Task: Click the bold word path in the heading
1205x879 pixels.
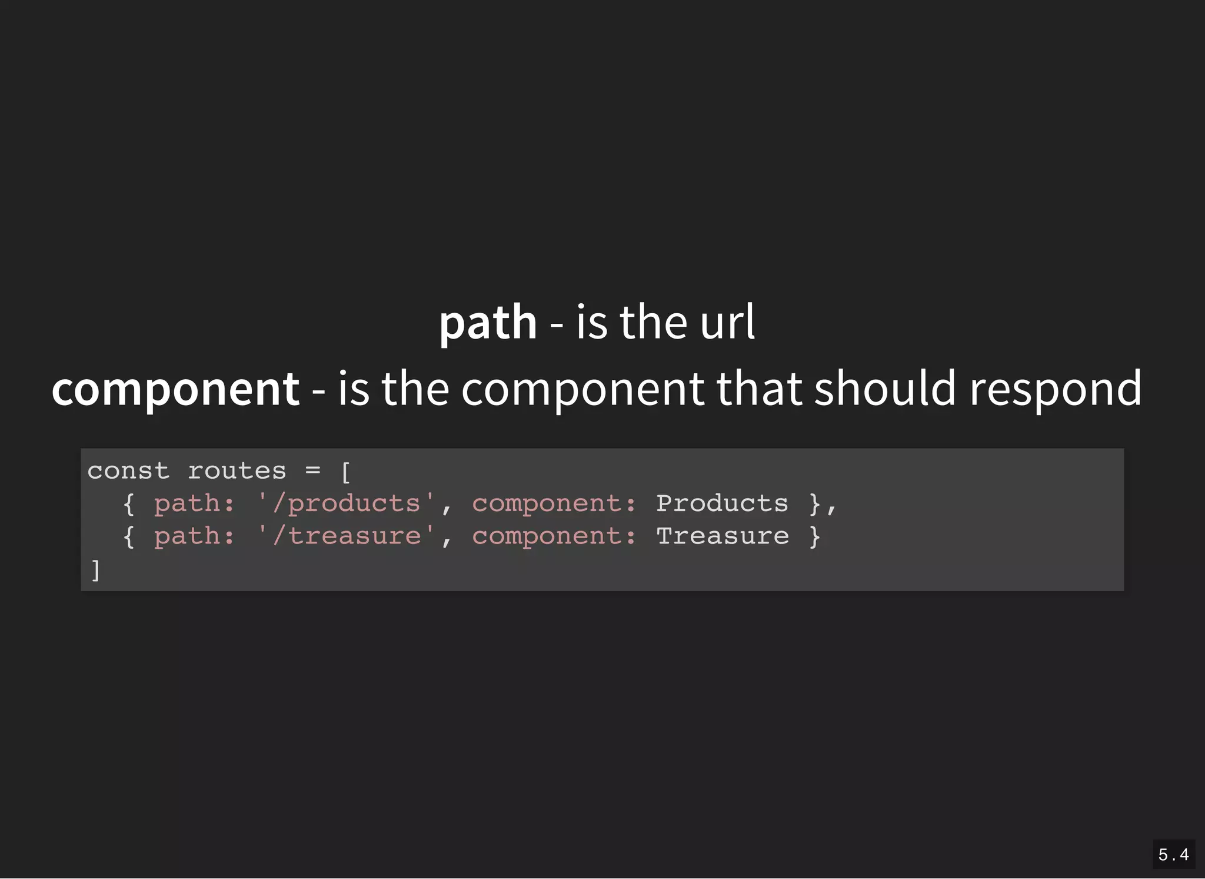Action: (x=488, y=323)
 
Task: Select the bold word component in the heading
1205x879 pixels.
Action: (x=175, y=389)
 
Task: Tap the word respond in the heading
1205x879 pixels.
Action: (x=1055, y=389)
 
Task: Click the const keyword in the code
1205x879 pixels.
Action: (x=128, y=471)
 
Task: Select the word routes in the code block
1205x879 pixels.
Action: (x=237, y=471)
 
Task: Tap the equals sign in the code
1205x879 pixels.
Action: (x=313, y=470)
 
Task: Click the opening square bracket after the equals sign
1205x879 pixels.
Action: (x=345, y=472)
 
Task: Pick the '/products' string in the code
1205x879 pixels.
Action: (x=346, y=504)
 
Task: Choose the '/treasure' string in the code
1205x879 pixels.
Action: (x=347, y=536)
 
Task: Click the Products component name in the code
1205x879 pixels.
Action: (x=722, y=503)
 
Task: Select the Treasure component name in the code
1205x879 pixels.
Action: (x=723, y=536)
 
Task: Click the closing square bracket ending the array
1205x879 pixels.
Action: (x=95, y=570)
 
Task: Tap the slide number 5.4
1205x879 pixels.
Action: (x=1173, y=854)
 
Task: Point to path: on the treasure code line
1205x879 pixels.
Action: (x=194, y=537)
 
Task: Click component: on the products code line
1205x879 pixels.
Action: (x=554, y=504)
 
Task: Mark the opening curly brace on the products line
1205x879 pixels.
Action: (x=129, y=504)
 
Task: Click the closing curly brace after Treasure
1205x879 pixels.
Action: (x=814, y=536)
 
